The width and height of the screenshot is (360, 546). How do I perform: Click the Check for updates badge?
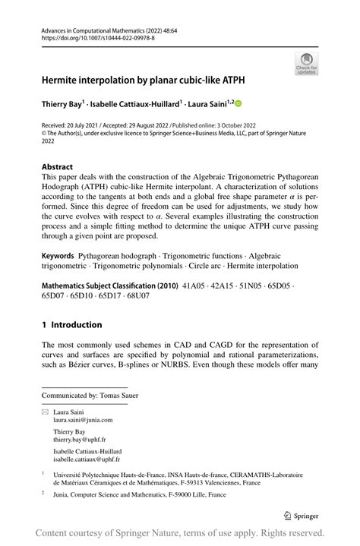coord(306,64)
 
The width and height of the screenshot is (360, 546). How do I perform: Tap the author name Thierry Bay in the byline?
coord(62,103)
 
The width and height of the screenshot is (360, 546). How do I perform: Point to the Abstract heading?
coord(58,166)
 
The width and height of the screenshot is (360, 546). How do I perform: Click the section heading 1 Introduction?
coord(72,325)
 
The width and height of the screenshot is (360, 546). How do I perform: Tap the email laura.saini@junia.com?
coord(82,419)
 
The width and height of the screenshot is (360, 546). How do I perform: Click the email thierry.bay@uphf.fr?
coord(78,440)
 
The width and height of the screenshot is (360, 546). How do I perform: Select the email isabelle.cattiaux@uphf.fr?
coord(86,459)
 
